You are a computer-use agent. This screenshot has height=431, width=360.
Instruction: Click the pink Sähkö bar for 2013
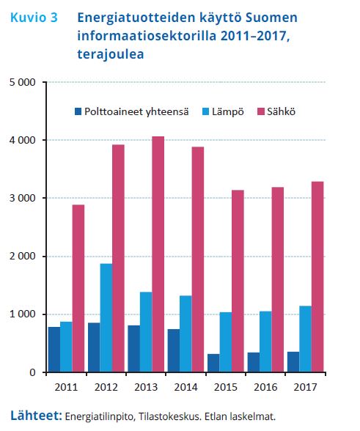click(158, 254)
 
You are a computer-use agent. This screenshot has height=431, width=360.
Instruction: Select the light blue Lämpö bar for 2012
click(106, 318)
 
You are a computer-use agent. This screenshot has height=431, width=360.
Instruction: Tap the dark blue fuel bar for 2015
click(213, 363)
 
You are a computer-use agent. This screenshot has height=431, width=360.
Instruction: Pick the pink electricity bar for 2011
click(78, 288)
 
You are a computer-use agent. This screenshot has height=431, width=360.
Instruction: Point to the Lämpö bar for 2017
click(306, 339)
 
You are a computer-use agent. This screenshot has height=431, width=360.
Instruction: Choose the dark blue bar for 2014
click(174, 350)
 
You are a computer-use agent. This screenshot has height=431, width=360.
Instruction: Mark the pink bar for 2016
click(278, 280)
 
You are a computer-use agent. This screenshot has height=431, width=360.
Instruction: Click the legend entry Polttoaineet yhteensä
click(132, 111)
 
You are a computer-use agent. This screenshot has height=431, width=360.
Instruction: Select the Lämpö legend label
click(228, 112)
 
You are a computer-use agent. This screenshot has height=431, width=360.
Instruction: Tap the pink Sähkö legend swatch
click(261, 111)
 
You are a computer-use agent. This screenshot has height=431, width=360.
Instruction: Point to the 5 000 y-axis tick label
click(23, 82)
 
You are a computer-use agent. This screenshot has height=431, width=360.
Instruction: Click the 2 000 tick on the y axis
click(23, 257)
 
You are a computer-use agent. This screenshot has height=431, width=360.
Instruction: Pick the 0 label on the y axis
click(32, 372)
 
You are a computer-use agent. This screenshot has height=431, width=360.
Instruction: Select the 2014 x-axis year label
click(186, 387)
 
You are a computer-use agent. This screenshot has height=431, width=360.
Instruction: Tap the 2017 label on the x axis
click(305, 387)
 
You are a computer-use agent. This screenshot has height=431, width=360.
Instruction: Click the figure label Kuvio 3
click(34, 18)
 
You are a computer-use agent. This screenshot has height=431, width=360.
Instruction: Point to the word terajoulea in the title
click(111, 54)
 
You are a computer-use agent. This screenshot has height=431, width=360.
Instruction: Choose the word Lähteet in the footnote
click(37, 415)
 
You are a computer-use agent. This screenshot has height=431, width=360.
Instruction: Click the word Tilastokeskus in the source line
click(169, 416)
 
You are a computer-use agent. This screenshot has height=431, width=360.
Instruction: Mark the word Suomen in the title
click(271, 18)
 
